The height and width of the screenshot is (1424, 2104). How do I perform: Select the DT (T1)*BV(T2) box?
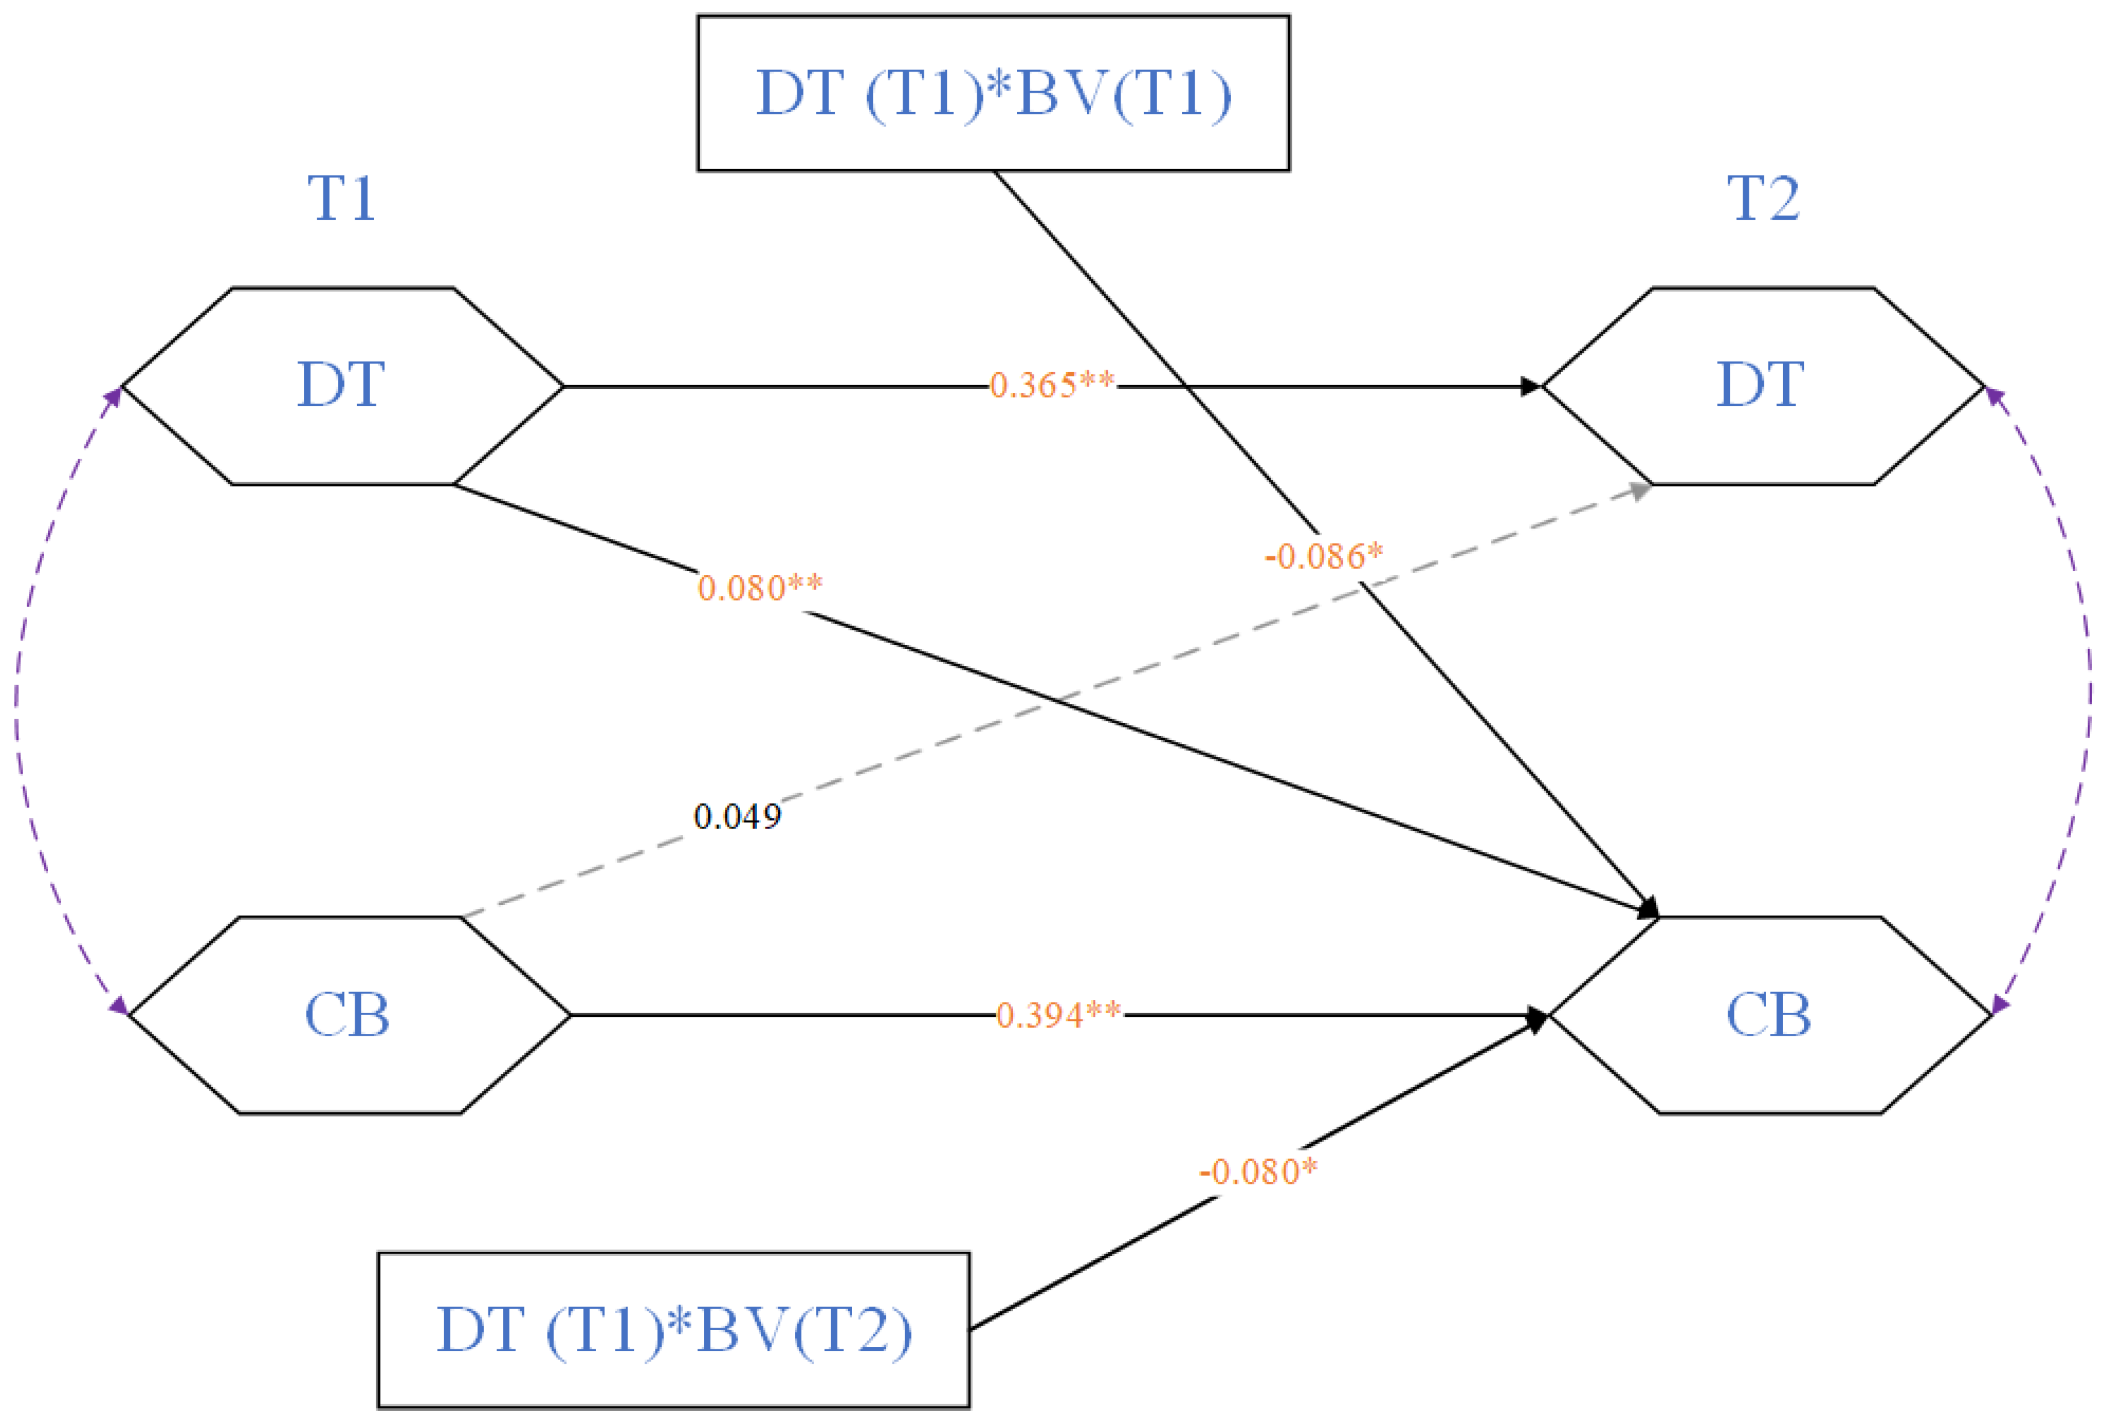674,1330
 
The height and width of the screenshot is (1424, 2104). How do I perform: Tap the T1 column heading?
341,198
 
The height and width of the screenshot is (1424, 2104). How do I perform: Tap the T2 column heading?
1764,198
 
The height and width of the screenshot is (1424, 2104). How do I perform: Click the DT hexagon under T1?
341,385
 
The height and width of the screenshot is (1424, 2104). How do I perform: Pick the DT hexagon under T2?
1762,385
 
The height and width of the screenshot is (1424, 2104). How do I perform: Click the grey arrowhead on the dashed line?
1640,490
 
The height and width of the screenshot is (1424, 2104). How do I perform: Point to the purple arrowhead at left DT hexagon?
115,396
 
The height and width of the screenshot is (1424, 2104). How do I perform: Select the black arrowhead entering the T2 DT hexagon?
1530,387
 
